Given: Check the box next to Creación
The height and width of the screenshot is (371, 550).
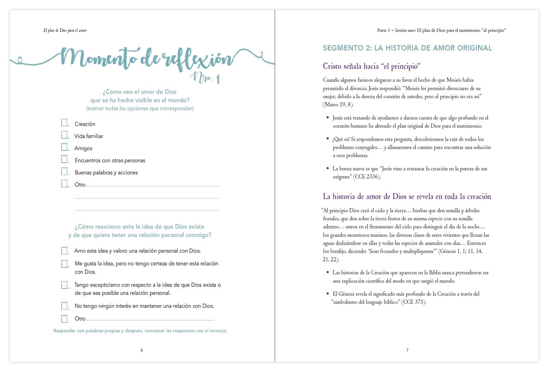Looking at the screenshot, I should pyautogui.click(x=65, y=123).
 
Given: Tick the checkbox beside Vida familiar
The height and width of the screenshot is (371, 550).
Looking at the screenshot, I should pyautogui.click(x=65, y=135).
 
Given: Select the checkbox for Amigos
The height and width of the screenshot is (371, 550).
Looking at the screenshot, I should pyautogui.click(x=65, y=147).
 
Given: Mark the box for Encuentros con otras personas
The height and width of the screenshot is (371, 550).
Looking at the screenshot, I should pyautogui.click(x=65, y=159).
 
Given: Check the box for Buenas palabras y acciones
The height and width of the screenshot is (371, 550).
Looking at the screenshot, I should pyautogui.click(x=65, y=171).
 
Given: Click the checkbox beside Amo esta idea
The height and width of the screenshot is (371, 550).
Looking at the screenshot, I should pyautogui.click(x=65, y=250).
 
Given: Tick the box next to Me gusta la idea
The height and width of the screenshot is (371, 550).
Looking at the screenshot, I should pyautogui.click(x=65, y=263).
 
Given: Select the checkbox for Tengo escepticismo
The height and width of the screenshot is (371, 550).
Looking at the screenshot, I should pyautogui.click(x=65, y=285).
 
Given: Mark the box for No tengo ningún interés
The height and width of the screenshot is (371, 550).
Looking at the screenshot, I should pyautogui.click(x=65, y=306).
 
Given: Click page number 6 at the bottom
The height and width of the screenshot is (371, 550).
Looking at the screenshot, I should pyautogui.click(x=142, y=350).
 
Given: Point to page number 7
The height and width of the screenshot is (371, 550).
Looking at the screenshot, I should pyautogui.click(x=407, y=350).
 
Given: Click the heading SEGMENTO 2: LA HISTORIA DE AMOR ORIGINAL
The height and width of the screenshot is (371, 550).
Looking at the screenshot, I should pyautogui.click(x=407, y=48).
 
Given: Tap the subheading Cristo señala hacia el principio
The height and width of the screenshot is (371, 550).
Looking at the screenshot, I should pyautogui.click(x=371, y=66).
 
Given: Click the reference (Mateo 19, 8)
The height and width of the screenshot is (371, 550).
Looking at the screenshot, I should pyautogui.click(x=338, y=105).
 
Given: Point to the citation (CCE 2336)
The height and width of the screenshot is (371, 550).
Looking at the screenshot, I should pyautogui.click(x=367, y=177).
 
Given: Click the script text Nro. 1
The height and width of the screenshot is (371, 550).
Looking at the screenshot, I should pyautogui.click(x=206, y=78).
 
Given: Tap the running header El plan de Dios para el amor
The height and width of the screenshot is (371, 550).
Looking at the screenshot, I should pyautogui.click(x=65, y=30).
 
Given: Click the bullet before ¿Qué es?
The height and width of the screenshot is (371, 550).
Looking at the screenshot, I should pyautogui.click(x=327, y=139).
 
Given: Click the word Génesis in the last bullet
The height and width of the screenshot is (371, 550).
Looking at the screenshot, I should pyautogui.click(x=346, y=294).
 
